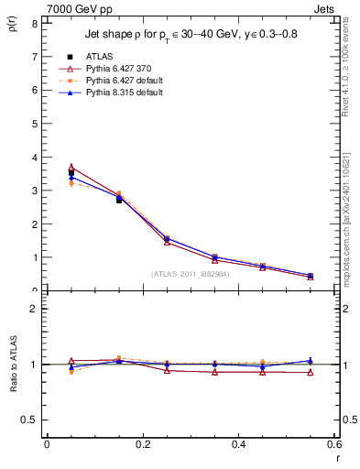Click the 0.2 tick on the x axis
143,444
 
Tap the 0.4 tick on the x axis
239,444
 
